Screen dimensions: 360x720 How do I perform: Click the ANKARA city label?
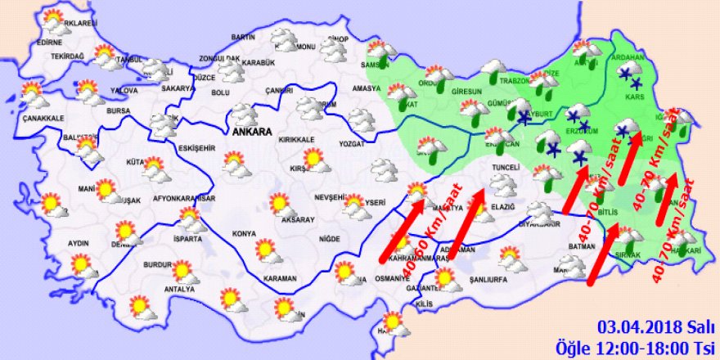click(x=251, y=131)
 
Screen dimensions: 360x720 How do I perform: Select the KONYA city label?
click(x=244, y=233)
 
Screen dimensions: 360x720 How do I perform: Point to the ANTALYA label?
click(x=179, y=289)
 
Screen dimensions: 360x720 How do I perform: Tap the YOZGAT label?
click(x=356, y=146)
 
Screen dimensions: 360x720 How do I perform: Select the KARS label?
click(x=632, y=96)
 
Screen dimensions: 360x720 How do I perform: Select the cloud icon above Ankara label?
click(x=243, y=113)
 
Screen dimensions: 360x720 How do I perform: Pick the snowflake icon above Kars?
click(x=629, y=76)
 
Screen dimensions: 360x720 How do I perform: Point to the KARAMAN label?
click(x=280, y=279)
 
